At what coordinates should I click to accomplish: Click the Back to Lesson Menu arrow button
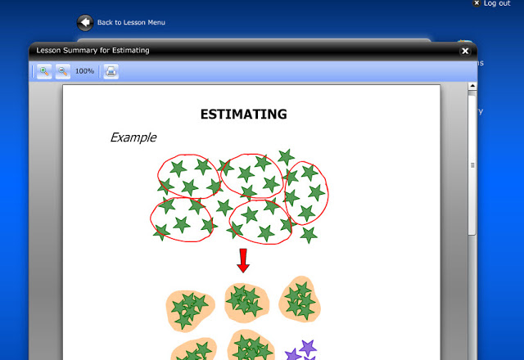click(85, 23)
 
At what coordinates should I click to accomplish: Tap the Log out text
click(497, 3)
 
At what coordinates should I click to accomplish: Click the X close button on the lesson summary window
click(465, 51)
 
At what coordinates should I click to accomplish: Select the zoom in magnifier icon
click(44, 71)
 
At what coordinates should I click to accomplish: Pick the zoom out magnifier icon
click(63, 71)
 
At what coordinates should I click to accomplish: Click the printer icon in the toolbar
click(111, 71)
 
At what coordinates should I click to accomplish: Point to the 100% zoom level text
click(84, 71)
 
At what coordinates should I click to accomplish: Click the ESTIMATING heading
click(244, 115)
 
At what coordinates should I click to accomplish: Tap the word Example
click(133, 137)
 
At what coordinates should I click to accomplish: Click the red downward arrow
click(243, 260)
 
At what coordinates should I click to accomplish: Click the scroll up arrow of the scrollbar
click(472, 86)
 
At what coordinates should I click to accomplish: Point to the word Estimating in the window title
click(131, 51)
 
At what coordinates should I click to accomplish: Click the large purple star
click(308, 348)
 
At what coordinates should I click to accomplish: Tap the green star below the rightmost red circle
click(309, 235)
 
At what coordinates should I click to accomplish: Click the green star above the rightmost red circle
click(286, 157)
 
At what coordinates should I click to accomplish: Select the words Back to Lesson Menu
click(131, 22)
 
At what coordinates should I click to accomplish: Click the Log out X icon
click(477, 3)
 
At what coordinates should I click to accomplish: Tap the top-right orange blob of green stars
click(300, 299)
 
